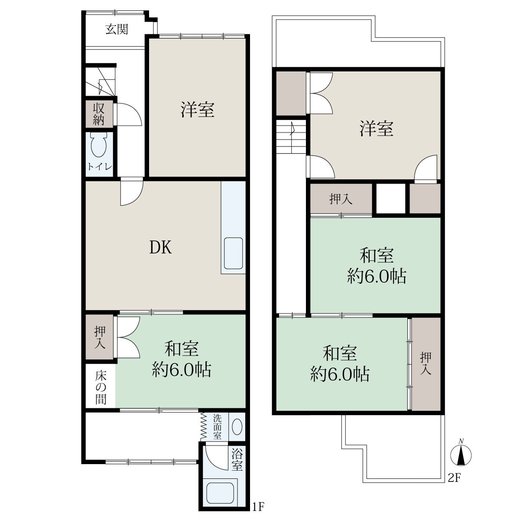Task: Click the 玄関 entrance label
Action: pyautogui.click(x=117, y=29)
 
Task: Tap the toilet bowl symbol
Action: pyautogui.click(x=98, y=145)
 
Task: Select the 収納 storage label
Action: pyautogui.click(x=99, y=114)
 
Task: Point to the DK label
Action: pyautogui.click(x=161, y=247)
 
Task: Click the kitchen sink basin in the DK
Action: pyautogui.click(x=233, y=253)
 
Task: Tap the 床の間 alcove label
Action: pyautogui.click(x=101, y=388)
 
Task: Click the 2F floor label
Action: pyautogui.click(x=454, y=478)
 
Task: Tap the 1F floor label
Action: pyautogui.click(x=258, y=507)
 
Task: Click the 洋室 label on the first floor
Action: pyautogui.click(x=198, y=110)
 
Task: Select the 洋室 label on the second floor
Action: pyautogui.click(x=376, y=128)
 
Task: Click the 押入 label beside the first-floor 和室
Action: pyautogui.click(x=100, y=337)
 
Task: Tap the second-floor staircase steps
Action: pyautogui.click(x=291, y=137)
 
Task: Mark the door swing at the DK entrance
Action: pyautogui.click(x=131, y=192)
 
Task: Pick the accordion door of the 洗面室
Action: pyautogui.click(x=202, y=427)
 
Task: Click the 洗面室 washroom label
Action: pyautogui.click(x=217, y=427)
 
